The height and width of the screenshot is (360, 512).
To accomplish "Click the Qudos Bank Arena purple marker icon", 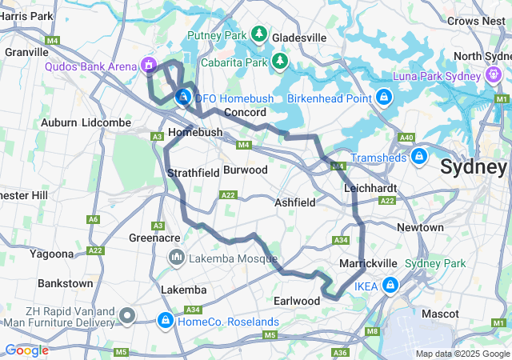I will pyautogui.click(x=147, y=64).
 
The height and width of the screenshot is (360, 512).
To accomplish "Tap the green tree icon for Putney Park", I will pyautogui.click(x=259, y=34).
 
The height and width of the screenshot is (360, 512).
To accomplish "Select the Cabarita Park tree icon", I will pyautogui.click(x=279, y=61).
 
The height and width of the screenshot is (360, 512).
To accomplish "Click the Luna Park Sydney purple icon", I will pyautogui.click(x=494, y=75).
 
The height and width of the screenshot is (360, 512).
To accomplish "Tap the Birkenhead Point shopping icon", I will pyautogui.click(x=384, y=97).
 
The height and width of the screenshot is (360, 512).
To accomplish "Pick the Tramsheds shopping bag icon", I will pyautogui.click(x=418, y=156).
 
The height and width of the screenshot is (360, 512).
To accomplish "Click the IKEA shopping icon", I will pyautogui.click(x=390, y=284).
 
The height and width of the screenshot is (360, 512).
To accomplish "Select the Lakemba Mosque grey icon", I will pyautogui.click(x=175, y=258).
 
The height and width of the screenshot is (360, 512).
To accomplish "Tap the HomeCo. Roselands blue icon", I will pyautogui.click(x=165, y=321).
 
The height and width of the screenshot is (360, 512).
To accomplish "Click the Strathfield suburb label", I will pyautogui.click(x=193, y=173).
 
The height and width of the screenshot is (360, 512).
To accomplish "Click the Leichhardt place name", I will pyautogui.click(x=370, y=188).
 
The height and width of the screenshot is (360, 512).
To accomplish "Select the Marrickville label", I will pyautogui.click(x=368, y=262).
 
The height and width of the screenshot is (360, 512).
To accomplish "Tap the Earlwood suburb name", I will pyautogui.click(x=297, y=301).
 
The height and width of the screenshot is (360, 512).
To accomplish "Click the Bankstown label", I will pyautogui.click(x=65, y=283).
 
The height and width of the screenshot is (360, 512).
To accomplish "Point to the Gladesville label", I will pyautogui.click(x=299, y=38).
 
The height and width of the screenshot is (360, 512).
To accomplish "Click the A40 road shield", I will pyautogui.click(x=406, y=138).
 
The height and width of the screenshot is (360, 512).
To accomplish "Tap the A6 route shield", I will pyautogui.click(x=94, y=219).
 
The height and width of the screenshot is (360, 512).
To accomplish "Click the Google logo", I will pyautogui.click(x=26, y=350).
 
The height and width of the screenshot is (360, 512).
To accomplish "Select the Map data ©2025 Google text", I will pyautogui.click(x=462, y=354).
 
